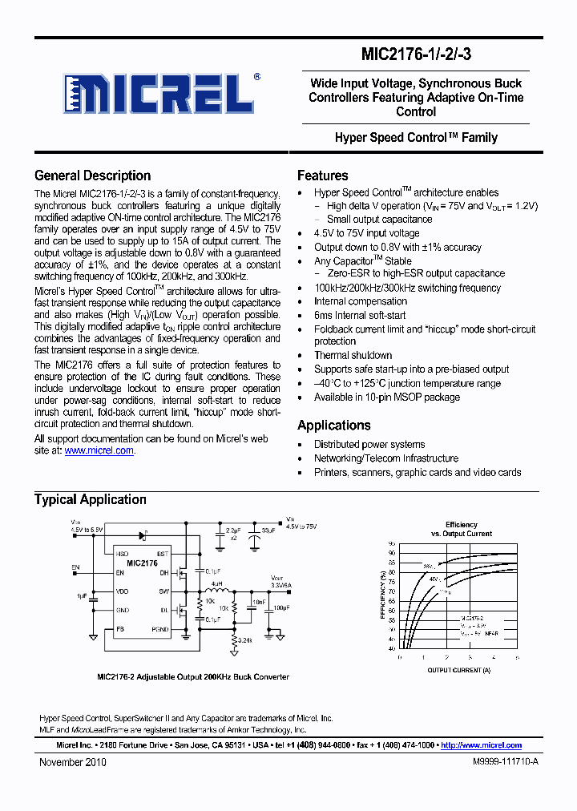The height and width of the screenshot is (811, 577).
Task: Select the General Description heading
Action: coord(92,176)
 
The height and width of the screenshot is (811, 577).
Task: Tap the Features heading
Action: coord(322,176)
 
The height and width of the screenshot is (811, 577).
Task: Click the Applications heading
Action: coord(333,426)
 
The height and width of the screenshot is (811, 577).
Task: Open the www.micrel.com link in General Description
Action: coord(99,451)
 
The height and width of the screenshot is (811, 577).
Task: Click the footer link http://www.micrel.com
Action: coord(481,745)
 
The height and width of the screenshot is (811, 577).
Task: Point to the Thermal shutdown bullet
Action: coord(353,356)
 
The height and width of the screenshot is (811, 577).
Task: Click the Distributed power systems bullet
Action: coord(369,445)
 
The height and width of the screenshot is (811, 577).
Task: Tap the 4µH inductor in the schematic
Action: coord(216,584)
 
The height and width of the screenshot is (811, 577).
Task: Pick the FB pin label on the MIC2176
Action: coord(120,630)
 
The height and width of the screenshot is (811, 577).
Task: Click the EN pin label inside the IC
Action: coord(120,574)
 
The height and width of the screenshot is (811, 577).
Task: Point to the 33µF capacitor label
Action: coord(268,531)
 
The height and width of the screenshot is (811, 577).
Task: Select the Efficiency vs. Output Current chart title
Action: coord(462,529)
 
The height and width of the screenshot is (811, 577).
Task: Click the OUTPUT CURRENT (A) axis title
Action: coord(458,670)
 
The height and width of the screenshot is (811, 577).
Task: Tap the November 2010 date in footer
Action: coord(73,763)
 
